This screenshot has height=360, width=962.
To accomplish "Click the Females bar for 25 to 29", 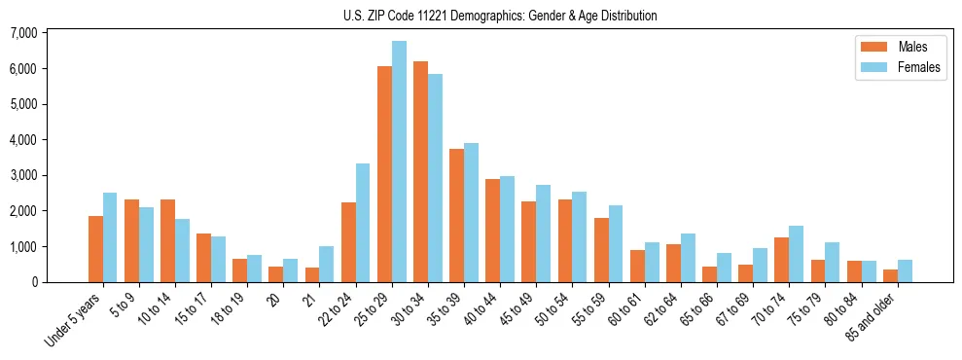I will click(399, 162).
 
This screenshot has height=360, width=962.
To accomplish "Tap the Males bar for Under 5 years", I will click(95, 249).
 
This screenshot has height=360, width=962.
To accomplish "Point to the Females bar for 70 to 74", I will click(796, 254).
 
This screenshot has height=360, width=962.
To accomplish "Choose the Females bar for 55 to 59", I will click(616, 243).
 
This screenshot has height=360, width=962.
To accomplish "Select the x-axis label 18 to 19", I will click(231, 308).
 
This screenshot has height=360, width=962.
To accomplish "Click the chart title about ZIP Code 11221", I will click(500, 16).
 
